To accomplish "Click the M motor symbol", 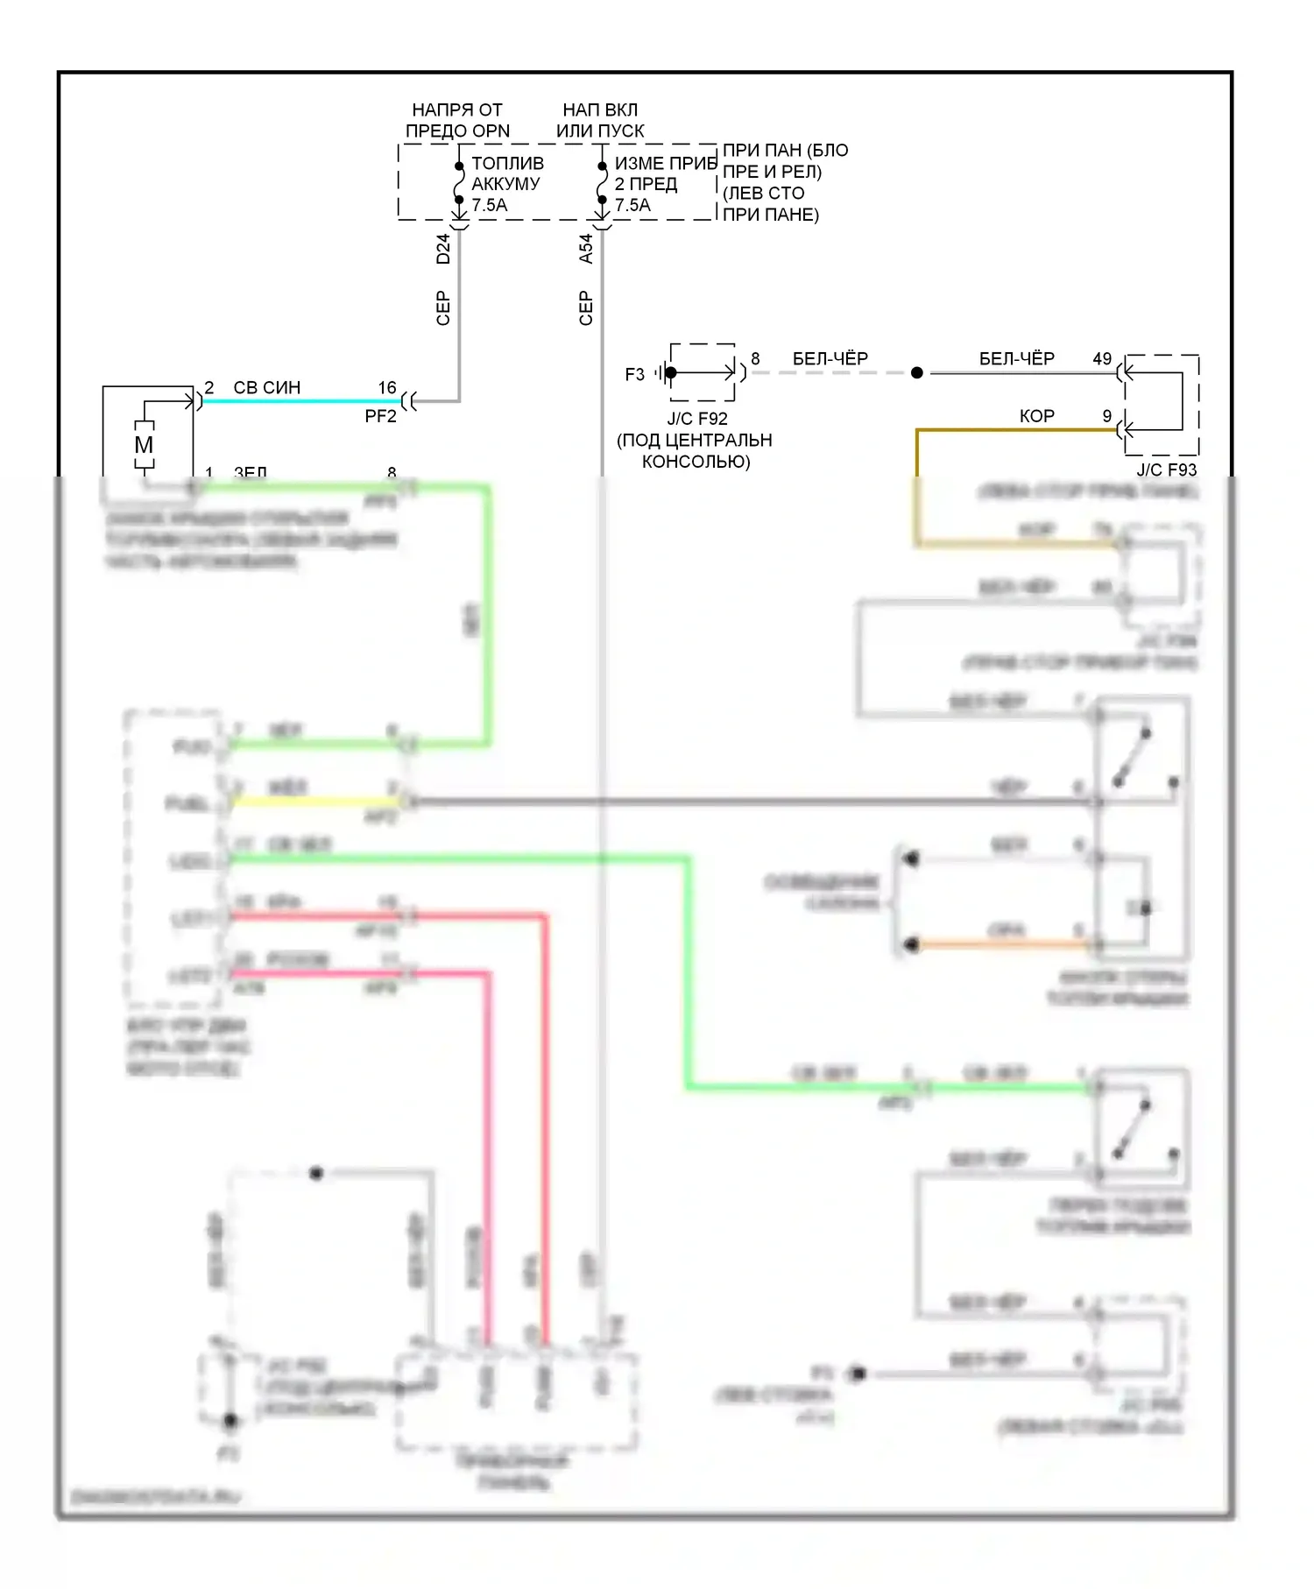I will [144, 445].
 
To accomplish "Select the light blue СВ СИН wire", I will [298, 401].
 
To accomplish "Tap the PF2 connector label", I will [380, 417].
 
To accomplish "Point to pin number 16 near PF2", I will [387, 387].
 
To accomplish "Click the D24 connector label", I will [443, 249].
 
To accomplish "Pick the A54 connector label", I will [586, 249].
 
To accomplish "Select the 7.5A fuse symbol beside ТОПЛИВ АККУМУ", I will [459, 183].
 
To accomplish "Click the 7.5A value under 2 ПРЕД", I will [632, 206].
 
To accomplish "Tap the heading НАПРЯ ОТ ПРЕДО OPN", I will [457, 120].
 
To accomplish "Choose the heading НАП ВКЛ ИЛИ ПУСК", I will [600, 120].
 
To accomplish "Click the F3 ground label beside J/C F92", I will [634, 375].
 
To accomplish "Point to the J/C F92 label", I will [697, 419].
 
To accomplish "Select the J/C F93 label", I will [1166, 470].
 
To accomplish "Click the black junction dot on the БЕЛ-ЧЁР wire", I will [917, 373].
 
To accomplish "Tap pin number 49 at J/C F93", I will [1102, 359].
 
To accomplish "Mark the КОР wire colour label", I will [1036, 416].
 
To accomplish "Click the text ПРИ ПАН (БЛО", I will [785, 151].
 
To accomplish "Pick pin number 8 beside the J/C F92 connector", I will [755, 359].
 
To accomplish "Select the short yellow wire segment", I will [315, 802].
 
